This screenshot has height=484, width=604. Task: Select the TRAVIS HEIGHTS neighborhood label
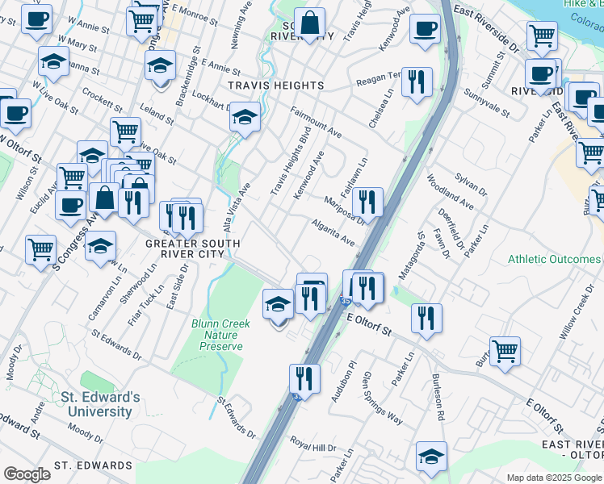[x=276, y=85]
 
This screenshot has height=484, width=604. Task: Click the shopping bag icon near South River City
[x=309, y=25]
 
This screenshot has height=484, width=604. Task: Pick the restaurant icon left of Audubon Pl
[x=304, y=378]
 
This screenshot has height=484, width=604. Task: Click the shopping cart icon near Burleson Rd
[x=505, y=351]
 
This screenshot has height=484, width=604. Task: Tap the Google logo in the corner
[x=27, y=474]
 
